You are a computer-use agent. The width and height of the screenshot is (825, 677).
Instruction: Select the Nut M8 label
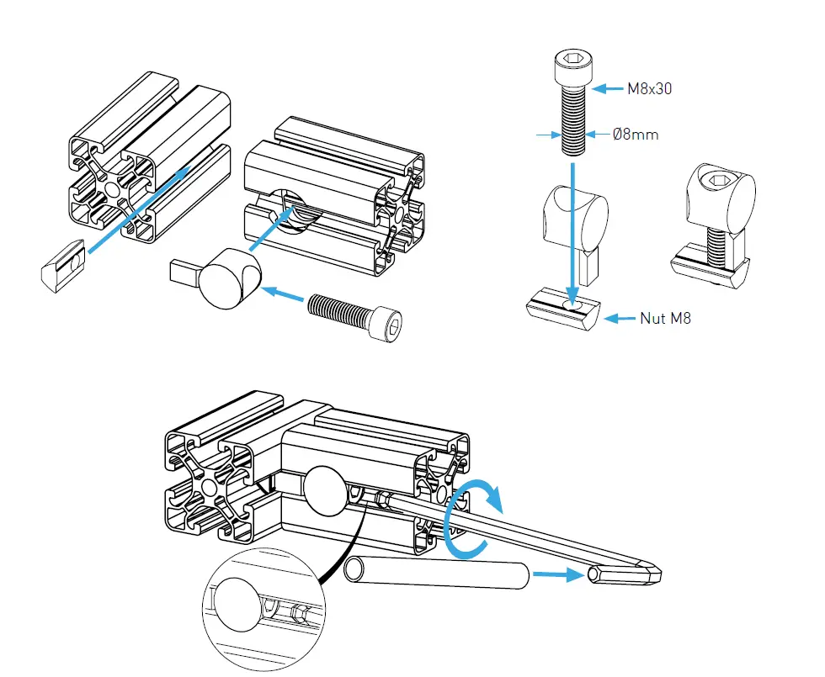coord(665,319)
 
